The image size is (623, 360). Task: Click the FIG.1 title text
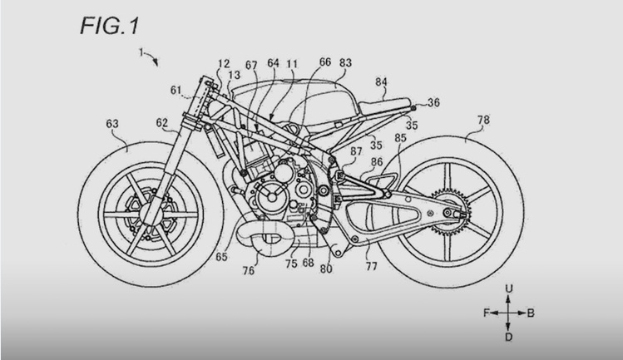pyautogui.click(x=110, y=26)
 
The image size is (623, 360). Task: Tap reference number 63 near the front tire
pyautogui.click(x=112, y=124)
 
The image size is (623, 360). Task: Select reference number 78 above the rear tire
pyautogui.click(x=483, y=120)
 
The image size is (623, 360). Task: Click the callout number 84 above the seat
pyautogui.click(x=381, y=81)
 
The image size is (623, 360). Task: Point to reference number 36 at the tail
pyautogui.click(x=433, y=102)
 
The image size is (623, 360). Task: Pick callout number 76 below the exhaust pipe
pyautogui.click(x=249, y=270)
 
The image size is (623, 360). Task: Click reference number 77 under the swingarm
pyautogui.click(x=371, y=266)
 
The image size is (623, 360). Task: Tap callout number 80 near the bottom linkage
pyautogui.click(x=326, y=269)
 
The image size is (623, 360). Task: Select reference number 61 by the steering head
pyautogui.click(x=176, y=91)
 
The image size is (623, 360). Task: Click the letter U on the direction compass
pyautogui.click(x=508, y=288)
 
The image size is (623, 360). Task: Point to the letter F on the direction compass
pyautogui.click(x=487, y=313)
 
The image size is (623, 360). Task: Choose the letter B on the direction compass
pyautogui.click(x=531, y=313)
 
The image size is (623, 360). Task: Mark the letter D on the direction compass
pyautogui.click(x=508, y=338)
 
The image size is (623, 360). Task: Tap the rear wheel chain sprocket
pyautogui.click(x=450, y=212)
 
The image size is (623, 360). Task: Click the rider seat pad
pyautogui.click(x=383, y=105)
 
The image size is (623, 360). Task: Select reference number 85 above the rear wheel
pyautogui.click(x=401, y=138)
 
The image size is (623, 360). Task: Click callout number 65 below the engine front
pyautogui.click(x=221, y=257)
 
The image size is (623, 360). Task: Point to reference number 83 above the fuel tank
pyautogui.click(x=345, y=63)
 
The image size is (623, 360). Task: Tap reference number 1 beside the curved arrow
pyautogui.click(x=141, y=52)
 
